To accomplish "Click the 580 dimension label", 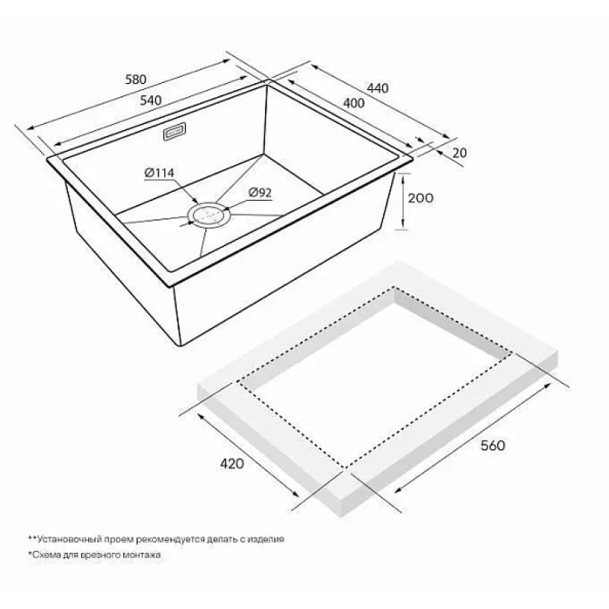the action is tap(136, 79).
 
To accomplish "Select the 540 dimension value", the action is tap(150, 100).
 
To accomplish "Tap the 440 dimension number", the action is tap(378, 88).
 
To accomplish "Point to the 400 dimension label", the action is tap(354, 103).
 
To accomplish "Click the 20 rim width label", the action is tap(460, 153).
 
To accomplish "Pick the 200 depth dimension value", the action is tap(420, 198).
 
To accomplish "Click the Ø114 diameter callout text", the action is tap(159, 173).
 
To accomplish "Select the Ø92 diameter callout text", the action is tap(260, 193).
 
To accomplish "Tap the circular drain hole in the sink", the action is tap(209, 215).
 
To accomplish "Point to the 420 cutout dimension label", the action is tap(232, 464).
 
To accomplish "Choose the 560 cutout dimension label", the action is tap(493, 445).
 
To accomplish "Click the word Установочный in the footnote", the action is tap(71, 539).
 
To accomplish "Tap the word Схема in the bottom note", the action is tap(46, 555).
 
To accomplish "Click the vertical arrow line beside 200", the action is tap(404, 201).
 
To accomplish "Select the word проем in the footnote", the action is tap(120, 540).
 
